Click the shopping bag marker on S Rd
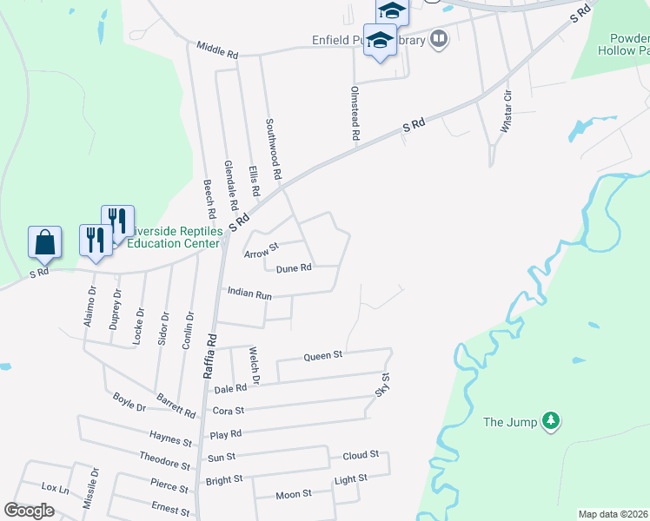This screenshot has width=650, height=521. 44,242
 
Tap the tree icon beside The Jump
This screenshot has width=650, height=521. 550,422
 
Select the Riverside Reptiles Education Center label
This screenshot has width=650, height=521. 173,238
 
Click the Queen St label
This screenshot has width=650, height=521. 323,356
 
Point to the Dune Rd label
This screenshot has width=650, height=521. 294,268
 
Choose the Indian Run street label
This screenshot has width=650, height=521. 249,294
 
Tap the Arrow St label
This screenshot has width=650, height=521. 260,253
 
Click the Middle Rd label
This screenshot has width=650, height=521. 217,50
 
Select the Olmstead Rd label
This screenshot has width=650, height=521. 355,113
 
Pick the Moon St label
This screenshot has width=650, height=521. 294,494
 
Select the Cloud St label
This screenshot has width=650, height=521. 361,454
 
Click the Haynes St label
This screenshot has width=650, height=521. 169,440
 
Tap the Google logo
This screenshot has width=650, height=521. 29,511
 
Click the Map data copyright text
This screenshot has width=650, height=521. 613,514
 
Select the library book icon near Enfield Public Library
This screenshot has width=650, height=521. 440,39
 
